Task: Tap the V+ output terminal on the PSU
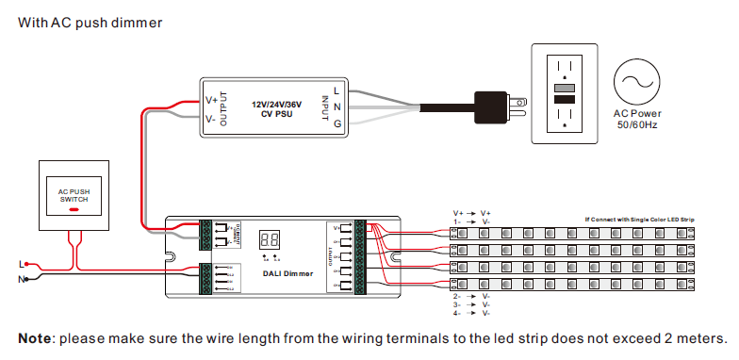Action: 211,99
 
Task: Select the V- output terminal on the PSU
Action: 211,120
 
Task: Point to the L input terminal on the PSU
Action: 337,90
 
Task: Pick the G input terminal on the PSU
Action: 337,123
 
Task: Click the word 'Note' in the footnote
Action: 35,338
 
